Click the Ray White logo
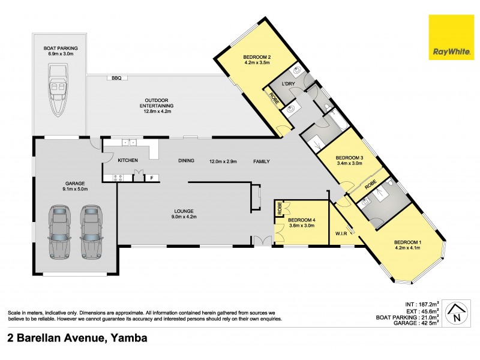(451, 37)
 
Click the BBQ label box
(116, 78)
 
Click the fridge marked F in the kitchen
(152, 178)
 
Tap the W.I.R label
(341, 233)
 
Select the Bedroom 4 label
(302, 220)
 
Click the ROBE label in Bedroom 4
(279, 208)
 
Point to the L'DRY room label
(288, 84)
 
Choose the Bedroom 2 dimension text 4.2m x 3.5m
(257, 63)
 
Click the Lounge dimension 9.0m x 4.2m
(184, 217)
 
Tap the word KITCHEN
(128, 160)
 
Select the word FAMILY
(262, 161)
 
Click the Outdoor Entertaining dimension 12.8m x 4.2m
(157, 112)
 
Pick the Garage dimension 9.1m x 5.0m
(75, 189)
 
